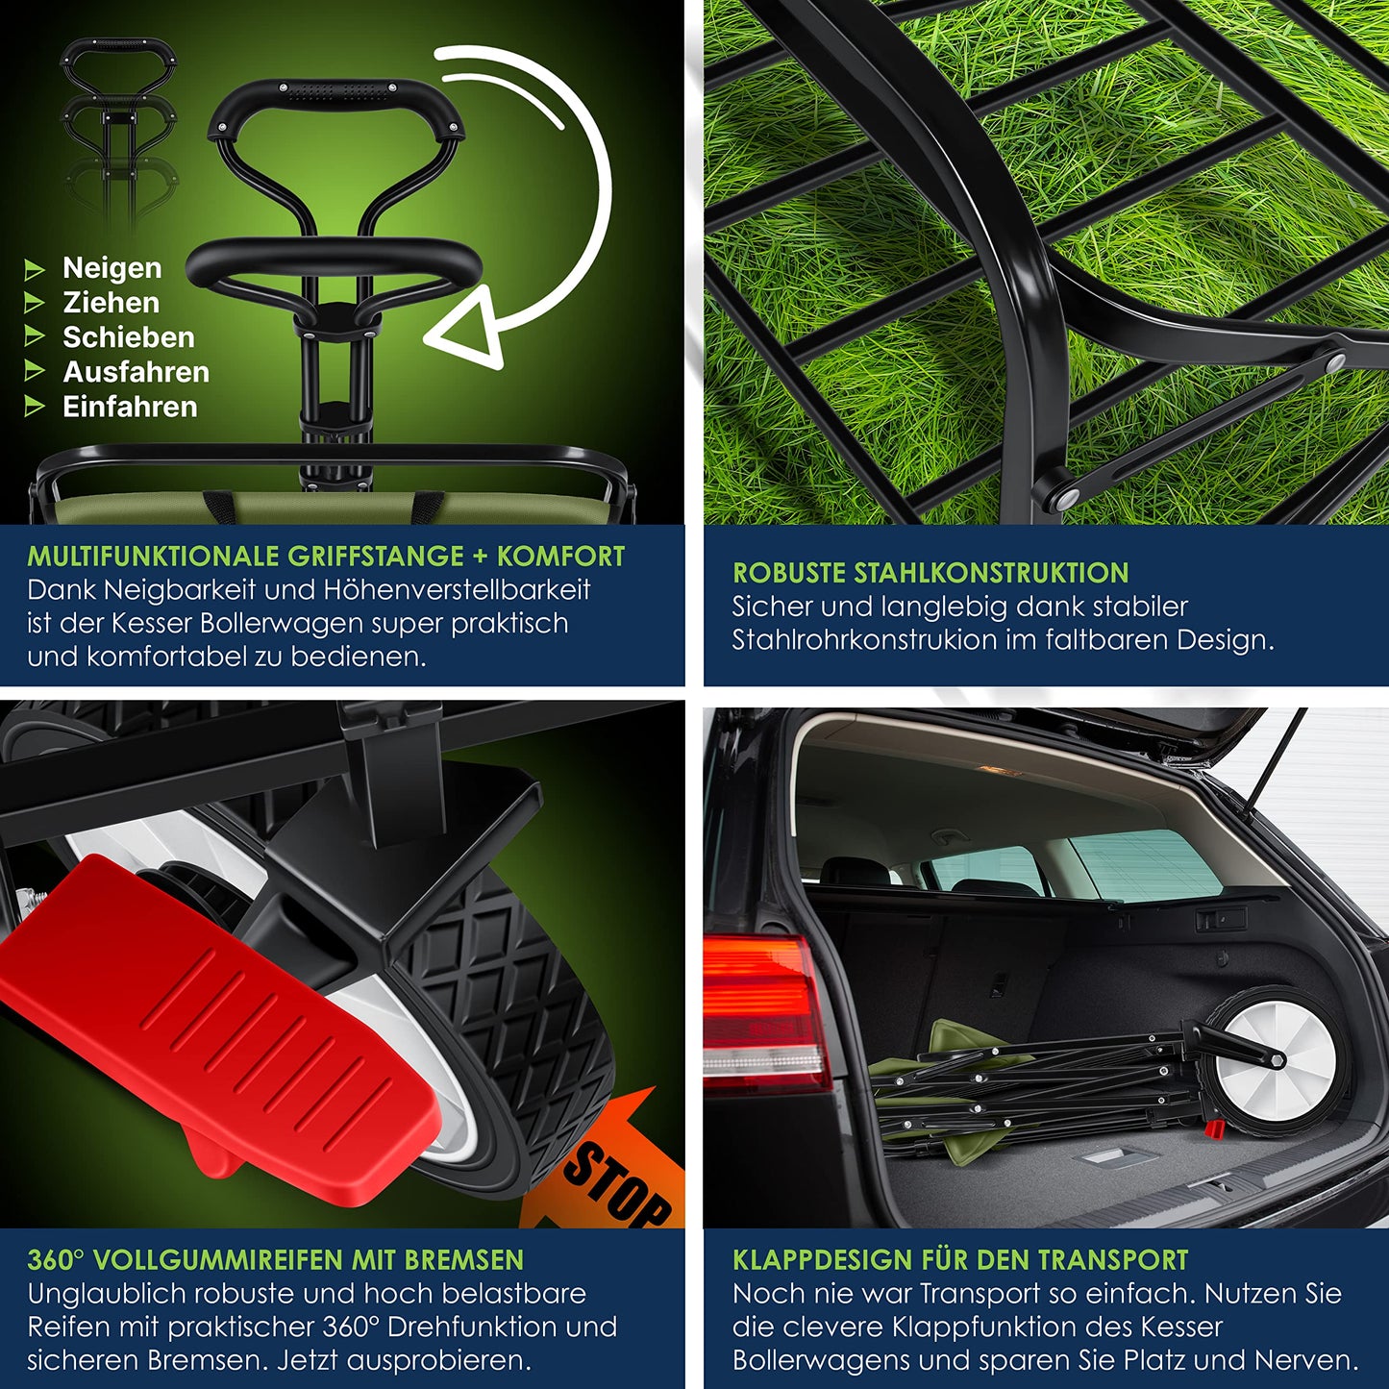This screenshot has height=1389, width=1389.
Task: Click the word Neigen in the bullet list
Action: click(x=112, y=268)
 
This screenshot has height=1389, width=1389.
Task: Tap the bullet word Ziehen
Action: click(x=111, y=303)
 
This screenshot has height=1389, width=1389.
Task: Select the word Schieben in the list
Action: click(x=128, y=337)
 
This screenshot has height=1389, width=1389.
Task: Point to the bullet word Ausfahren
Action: click(x=136, y=372)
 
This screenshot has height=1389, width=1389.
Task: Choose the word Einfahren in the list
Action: click(x=130, y=407)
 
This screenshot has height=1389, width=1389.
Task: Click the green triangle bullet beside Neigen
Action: click(x=34, y=269)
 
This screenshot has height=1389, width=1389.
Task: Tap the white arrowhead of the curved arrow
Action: click(x=466, y=328)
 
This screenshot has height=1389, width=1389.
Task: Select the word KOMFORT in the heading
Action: click(x=560, y=557)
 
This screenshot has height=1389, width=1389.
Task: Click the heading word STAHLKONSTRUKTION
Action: click(x=991, y=573)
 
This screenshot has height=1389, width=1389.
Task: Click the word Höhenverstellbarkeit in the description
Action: click(x=457, y=590)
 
